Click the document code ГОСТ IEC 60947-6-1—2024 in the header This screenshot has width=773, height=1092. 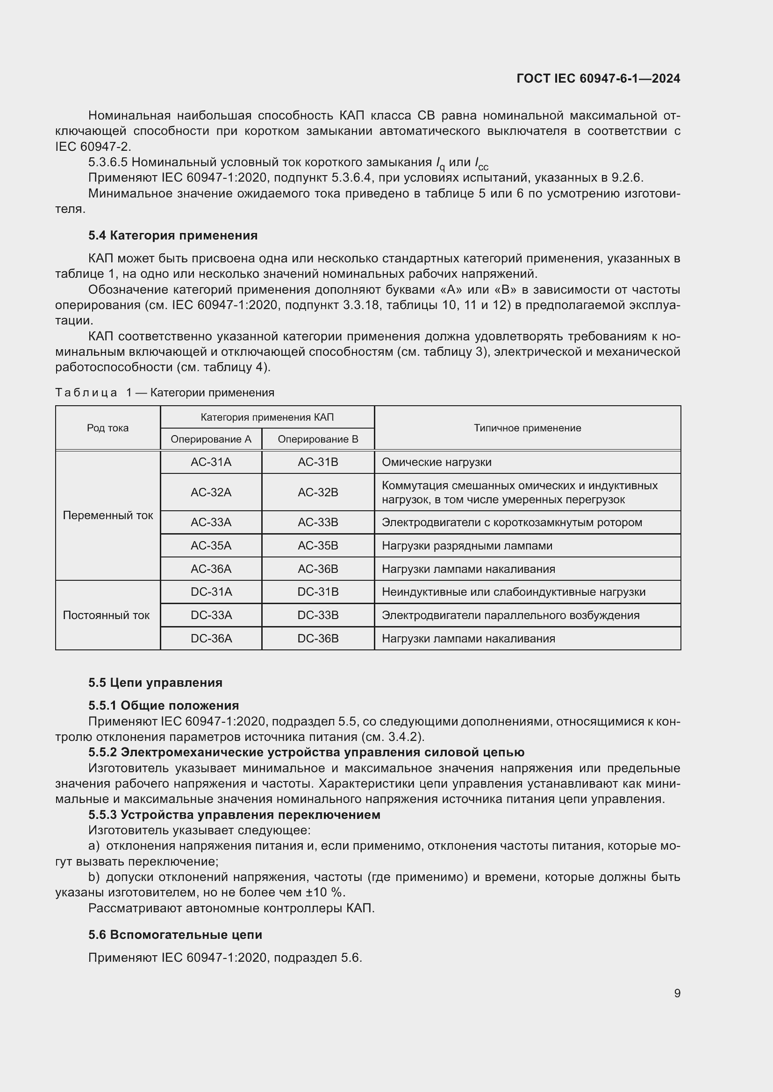pos(598,78)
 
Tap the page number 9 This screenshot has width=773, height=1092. pos(677,993)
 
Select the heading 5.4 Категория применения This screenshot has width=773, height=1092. pos(173,235)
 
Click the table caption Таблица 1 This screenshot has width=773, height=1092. pos(165,392)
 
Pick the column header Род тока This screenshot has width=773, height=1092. pos(107,428)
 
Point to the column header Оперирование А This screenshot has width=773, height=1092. pos(211,439)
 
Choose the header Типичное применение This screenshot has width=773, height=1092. pos(527,428)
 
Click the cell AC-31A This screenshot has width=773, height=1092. pos(211,462)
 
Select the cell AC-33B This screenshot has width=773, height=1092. pos(317,522)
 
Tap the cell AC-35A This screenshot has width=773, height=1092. pos(211,545)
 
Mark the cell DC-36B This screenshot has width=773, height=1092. pos(317,639)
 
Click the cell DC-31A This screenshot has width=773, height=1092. pos(211,592)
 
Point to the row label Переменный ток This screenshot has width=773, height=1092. pos(107,515)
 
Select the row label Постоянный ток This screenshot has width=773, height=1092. pos(106,615)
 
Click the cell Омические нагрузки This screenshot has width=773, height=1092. pos(437,462)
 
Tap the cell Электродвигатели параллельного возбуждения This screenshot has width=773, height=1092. pos(510,615)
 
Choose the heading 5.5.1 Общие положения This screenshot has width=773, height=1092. pos(163,705)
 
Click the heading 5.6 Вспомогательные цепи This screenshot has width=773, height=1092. pos(175,935)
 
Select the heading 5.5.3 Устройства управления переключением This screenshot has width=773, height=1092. pos(234,815)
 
